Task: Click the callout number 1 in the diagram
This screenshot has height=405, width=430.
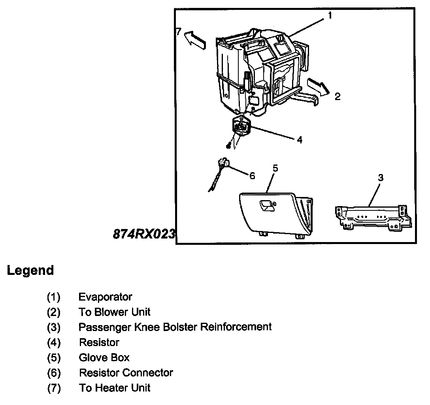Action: [x=330, y=16]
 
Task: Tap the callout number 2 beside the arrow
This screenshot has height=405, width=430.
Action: [x=337, y=97]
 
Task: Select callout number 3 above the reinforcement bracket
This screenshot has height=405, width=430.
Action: [x=380, y=178]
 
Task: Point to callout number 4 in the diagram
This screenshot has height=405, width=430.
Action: [x=300, y=140]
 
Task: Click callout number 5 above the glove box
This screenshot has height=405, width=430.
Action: [x=275, y=168]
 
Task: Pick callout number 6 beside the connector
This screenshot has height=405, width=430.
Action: [x=252, y=175]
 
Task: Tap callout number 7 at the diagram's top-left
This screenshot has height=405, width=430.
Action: [x=178, y=32]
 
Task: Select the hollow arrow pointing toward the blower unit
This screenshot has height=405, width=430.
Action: [x=318, y=86]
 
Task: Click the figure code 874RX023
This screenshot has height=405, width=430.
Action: [x=143, y=234]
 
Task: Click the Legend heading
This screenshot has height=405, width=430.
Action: [x=30, y=271]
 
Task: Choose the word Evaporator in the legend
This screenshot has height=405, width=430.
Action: [x=105, y=297]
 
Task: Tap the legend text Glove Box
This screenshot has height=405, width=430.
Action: [x=104, y=358]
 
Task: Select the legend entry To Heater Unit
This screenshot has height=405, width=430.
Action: [x=115, y=388]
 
